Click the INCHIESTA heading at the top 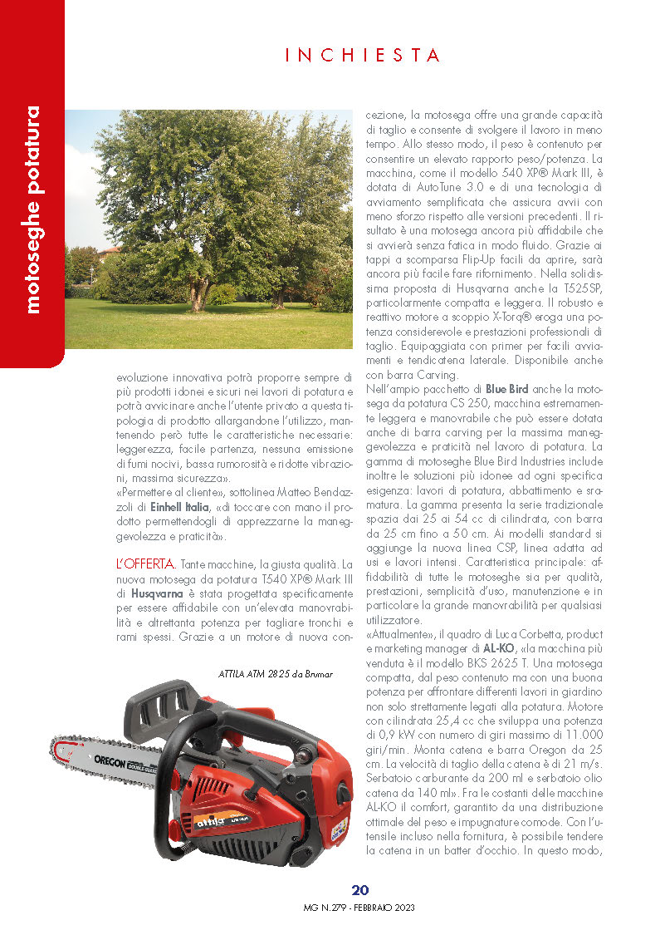(x=363, y=56)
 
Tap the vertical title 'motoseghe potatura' (x=32, y=209)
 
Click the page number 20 (x=360, y=890)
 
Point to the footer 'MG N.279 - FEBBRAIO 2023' (x=360, y=908)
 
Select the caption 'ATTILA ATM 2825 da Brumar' (x=275, y=674)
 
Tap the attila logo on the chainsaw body (x=212, y=822)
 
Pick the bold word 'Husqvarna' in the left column (x=157, y=594)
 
